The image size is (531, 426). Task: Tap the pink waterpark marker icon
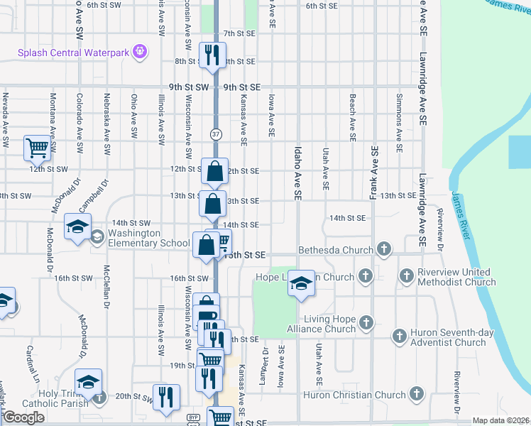(141, 51)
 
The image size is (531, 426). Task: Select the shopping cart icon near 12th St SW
(37, 148)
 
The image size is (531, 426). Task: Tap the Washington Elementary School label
(149, 238)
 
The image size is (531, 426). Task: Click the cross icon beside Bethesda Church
(384, 248)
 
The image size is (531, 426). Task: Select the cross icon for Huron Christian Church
(416, 394)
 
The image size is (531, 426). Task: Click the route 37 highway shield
(215, 133)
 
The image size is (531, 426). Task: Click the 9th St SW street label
(189, 87)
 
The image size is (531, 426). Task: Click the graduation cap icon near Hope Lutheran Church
(301, 283)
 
